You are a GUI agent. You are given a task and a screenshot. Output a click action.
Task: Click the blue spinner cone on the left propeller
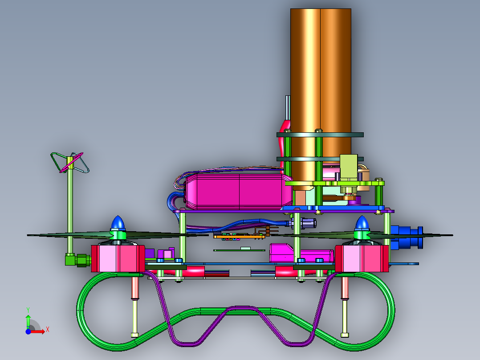(118, 222)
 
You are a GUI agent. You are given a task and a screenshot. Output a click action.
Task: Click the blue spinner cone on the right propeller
(362, 223)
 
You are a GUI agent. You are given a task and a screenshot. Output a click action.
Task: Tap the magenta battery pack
(239, 191)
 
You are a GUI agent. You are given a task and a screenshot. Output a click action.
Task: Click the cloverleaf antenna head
(70, 162)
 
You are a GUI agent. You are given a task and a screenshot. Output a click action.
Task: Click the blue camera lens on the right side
(407, 237)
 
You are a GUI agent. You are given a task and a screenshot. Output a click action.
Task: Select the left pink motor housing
(118, 258)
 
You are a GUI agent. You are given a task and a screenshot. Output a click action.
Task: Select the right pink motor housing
(362, 258)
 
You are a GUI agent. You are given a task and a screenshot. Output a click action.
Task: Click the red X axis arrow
(38, 331)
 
